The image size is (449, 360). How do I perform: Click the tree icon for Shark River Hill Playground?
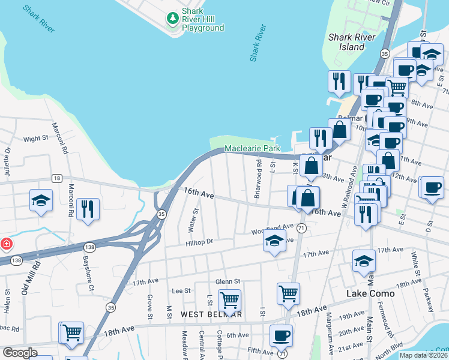pyautogui.click(x=173, y=19)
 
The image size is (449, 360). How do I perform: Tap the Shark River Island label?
pyautogui.click(x=352, y=41)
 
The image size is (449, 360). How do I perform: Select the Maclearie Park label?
pyautogui.click(x=252, y=148)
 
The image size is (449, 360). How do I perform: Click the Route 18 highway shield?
pyautogui.click(x=56, y=178)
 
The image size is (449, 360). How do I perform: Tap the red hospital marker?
pyautogui.click(x=5, y=244)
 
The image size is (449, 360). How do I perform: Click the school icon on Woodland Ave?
pyautogui.click(x=274, y=241)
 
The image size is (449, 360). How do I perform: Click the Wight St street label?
pyautogui.click(x=35, y=139)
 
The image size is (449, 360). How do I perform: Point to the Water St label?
pyautogui.click(x=194, y=220)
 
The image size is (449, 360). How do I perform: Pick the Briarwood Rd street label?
pyautogui.click(x=257, y=171)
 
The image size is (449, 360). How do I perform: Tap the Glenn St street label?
pyautogui.click(x=228, y=281)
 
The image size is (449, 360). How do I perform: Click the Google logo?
pyautogui.click(x=20, y=353)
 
